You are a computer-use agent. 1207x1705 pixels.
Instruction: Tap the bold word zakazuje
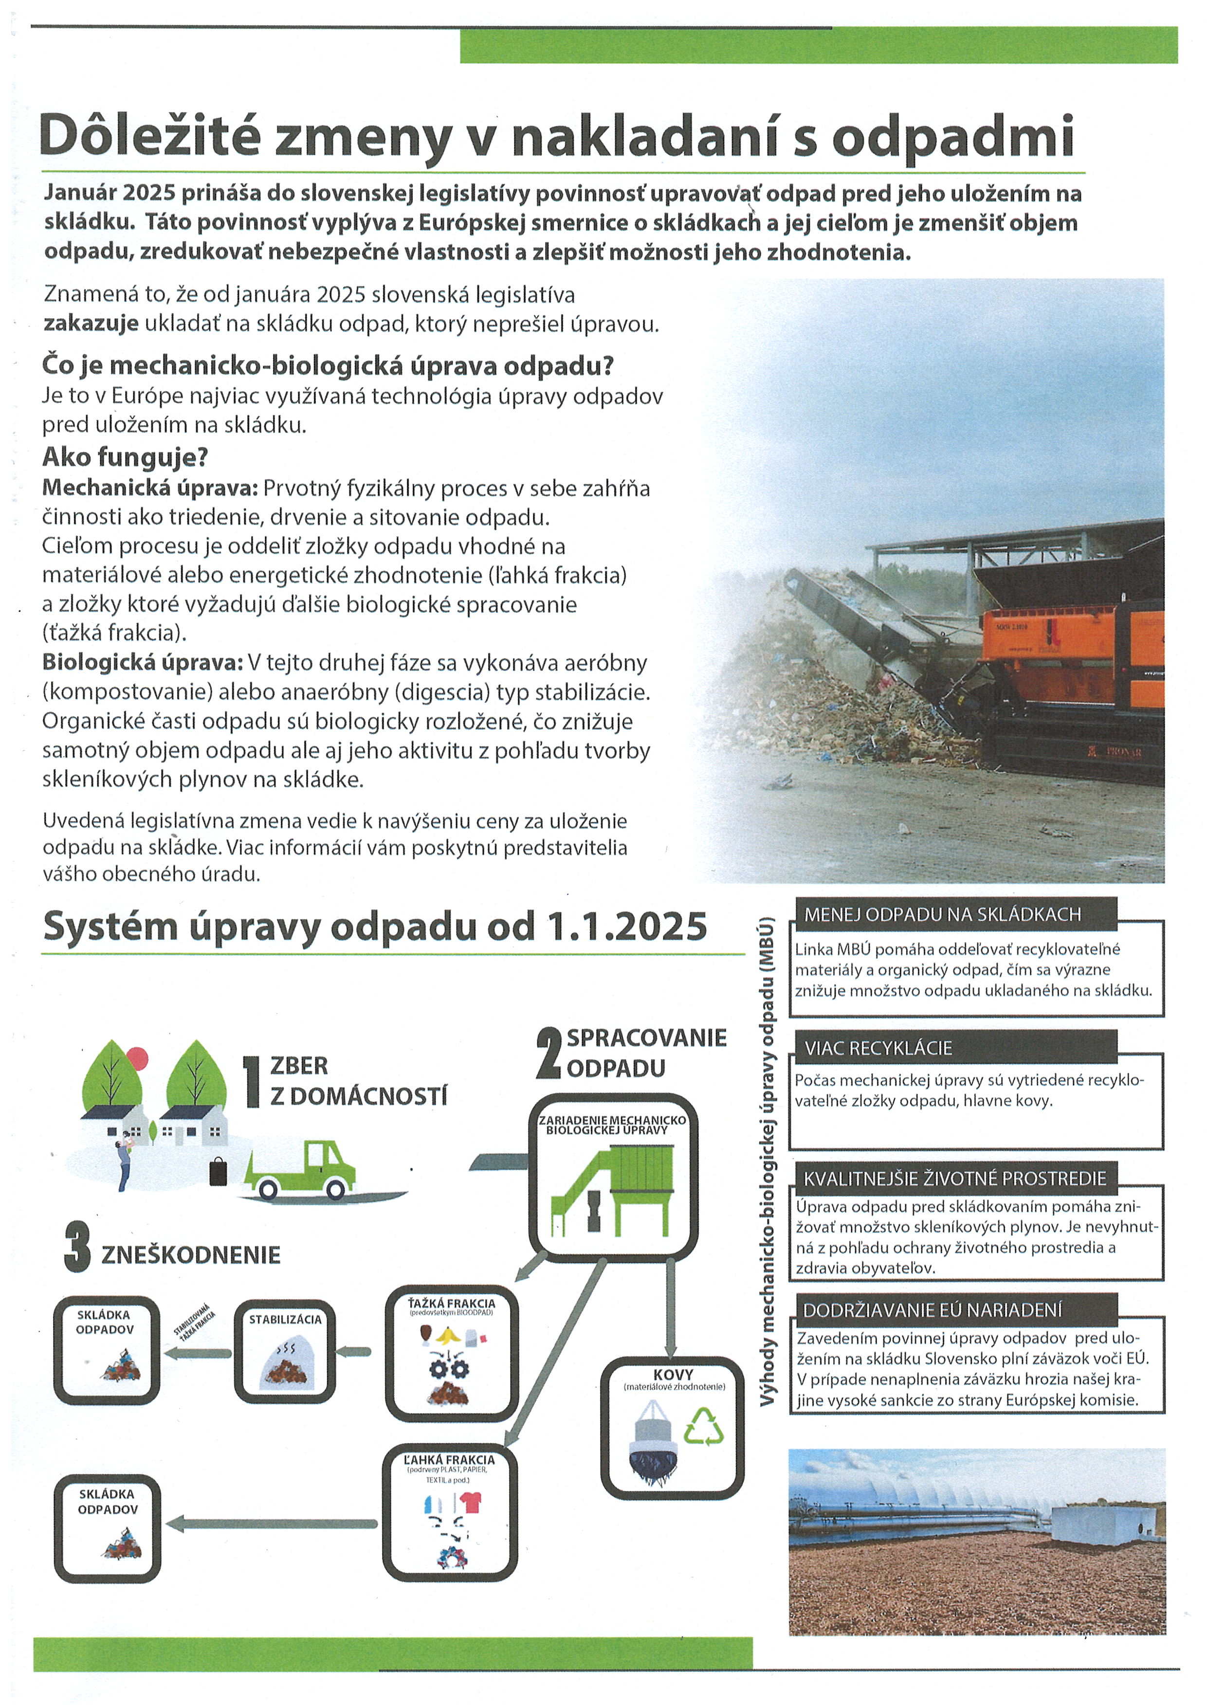click(91, 325)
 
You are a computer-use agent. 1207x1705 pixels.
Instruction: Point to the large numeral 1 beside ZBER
click(251, 1082)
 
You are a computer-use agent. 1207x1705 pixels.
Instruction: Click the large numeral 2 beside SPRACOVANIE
click(548, 1052)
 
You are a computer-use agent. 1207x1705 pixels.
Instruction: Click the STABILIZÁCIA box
click(285, 1351)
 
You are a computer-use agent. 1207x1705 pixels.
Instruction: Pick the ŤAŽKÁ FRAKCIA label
click(451, 1303)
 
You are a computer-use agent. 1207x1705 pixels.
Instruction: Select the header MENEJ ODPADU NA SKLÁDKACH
click(942, 914)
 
